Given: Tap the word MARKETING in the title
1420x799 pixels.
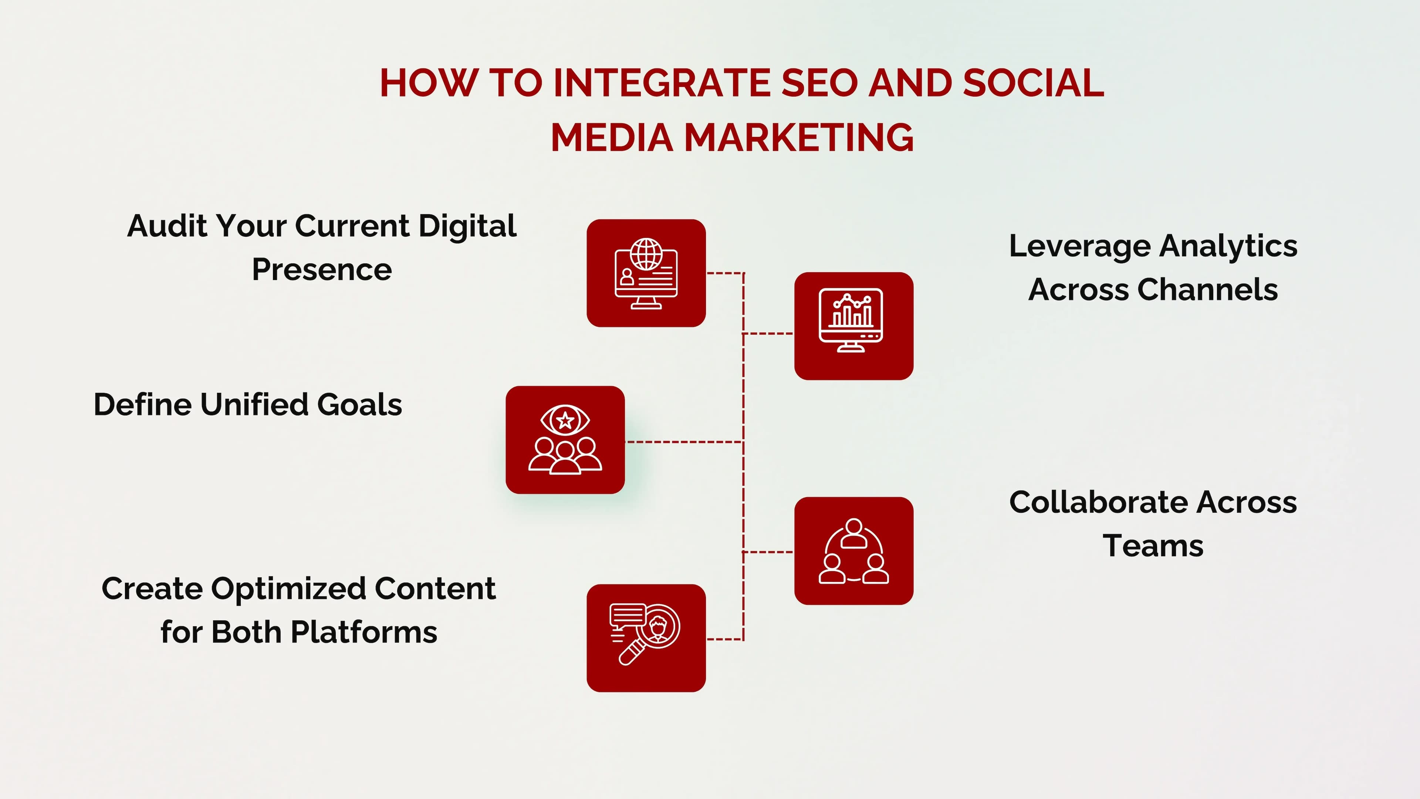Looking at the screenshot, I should click(799, 137).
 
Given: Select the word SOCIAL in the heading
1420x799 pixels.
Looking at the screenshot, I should click(1034, 83).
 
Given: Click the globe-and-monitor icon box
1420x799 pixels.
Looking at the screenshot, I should click(646, 273).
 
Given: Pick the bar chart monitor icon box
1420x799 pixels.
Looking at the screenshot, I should click(853, 326).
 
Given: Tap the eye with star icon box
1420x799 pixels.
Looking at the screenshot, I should click(565, 439).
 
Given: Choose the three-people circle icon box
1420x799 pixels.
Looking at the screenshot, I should click(853, 551).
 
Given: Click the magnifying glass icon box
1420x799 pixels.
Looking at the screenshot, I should click(646, 638).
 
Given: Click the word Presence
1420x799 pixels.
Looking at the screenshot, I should click(322, 270).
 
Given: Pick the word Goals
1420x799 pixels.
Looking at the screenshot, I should click(359, 404).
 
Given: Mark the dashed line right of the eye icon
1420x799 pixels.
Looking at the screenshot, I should click(683, 442).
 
